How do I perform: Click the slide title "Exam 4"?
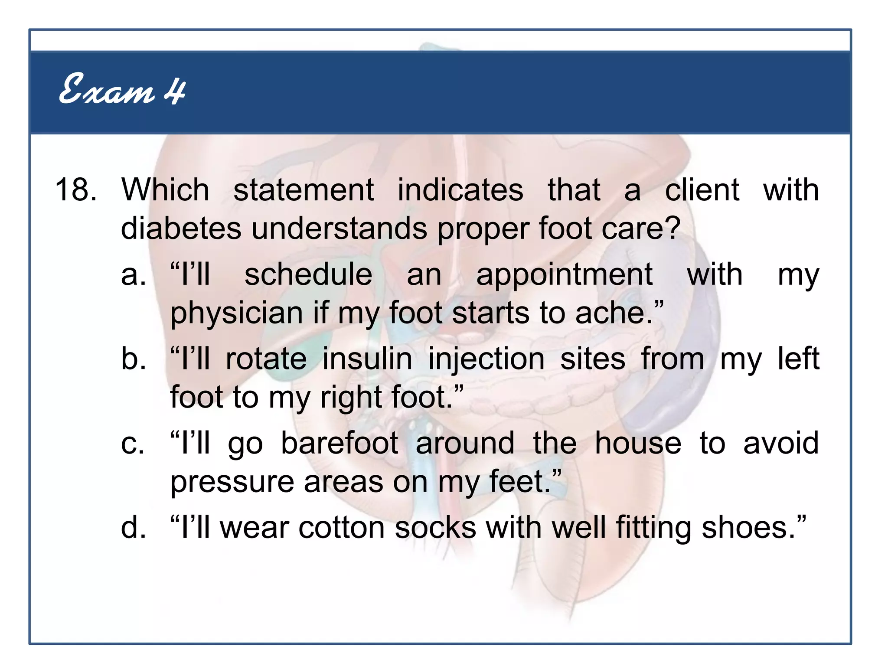pyautogui.click(x=122, y=89)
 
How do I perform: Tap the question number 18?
pyautogui.click(x=75, y=190)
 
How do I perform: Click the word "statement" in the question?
pyautogui.click(x=304, y=190)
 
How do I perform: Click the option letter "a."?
pyautogui.click(x=134, y=274)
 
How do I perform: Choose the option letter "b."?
pyautogui.click(x=134, y=359)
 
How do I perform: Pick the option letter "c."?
pyautogui.click(x=133, y=444)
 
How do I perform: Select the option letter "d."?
pyautogui.click(x=134, y=528)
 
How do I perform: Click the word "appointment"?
pyautogui.click(x=564, y=275)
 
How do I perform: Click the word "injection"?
pyautogui.click(x=486, y=360)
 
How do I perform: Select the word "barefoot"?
pyautogui.click(x=340, y=443)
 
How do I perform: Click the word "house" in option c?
pyautogui.click(x=638, y=443)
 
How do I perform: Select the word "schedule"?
pyautogui.click(x=308, y=274)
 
